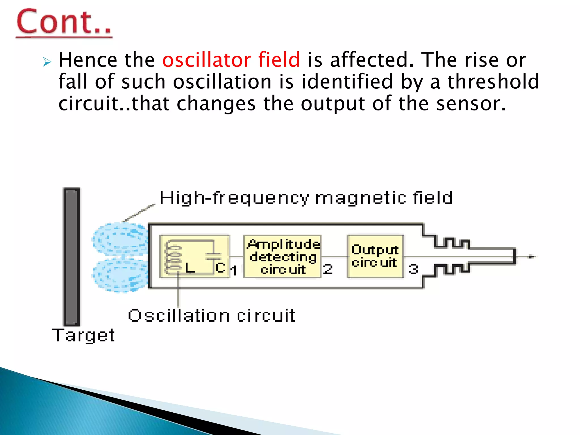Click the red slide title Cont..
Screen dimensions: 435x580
coord(64,22)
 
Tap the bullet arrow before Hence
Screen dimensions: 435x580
coord(47,61)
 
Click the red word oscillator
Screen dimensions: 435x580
coord(206,60)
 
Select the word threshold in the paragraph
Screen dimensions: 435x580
coord(493,82)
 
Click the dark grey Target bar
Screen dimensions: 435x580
coord(71,256)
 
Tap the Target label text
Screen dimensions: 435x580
coord(83,335)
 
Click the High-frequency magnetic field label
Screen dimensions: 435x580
coord(306,198)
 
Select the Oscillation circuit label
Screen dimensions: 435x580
coord(211,315)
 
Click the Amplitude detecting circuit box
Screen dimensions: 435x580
coord(282,257)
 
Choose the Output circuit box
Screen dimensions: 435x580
coord(375,256)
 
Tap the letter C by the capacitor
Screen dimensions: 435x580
coord(220,268)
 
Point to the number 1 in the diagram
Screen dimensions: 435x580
coord(234,270)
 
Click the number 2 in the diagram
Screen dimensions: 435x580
coord(328,269)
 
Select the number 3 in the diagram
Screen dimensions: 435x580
coord(413,269)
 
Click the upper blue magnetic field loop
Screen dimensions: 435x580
coord(120,239)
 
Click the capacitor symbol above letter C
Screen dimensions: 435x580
coord(213,256)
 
